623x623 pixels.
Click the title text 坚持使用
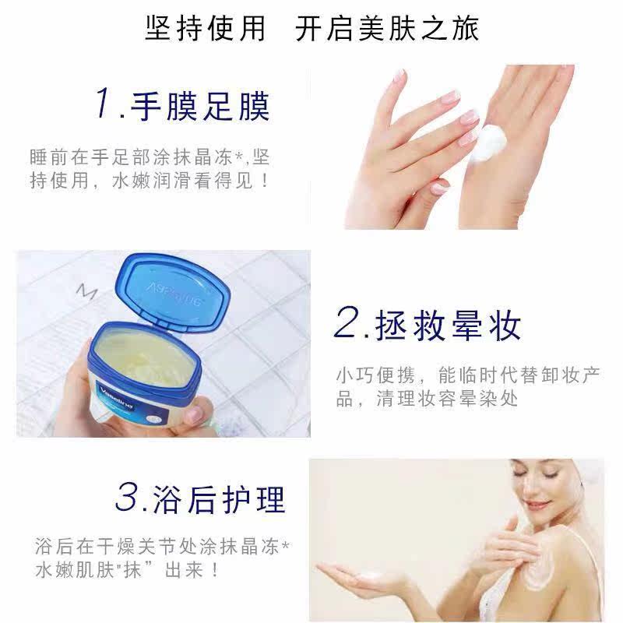(x=205, y=29)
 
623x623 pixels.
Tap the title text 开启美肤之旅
(x=387, y=29)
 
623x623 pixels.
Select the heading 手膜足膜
(x=201, y=107)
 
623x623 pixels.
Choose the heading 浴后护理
(x=219, y=499)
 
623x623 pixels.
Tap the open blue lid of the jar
(x=173, y=291)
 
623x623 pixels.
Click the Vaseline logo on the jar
(x=116, y=396)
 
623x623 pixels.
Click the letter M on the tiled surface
(x=86, y=292)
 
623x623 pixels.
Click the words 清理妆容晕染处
(x=447, y=399)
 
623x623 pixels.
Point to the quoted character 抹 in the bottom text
(x=132, y=570)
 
